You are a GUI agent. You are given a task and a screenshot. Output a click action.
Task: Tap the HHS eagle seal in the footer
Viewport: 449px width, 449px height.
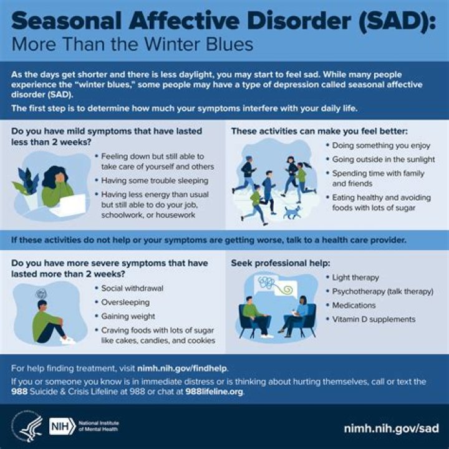tap(26, 427)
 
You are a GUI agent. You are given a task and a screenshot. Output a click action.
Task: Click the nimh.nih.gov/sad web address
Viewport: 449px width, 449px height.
tap(391, 428)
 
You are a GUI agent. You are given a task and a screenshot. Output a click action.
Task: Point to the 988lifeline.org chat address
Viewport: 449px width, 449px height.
tap(214, 392)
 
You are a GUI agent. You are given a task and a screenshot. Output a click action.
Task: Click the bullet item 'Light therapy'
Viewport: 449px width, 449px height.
tap(355, 278)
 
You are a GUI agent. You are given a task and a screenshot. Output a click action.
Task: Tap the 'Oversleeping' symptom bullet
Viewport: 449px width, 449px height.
tap(125, 302)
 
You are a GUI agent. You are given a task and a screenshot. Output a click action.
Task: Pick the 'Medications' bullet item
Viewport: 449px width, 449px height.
tap(354, 306)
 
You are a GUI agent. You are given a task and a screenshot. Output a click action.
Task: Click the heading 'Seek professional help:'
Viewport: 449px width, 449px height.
tap(276, 263)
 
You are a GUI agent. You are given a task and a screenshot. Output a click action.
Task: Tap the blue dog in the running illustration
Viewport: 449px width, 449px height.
tap(291, 213)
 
